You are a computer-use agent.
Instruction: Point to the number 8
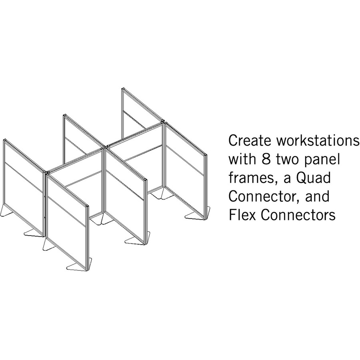click(x=266, y=159)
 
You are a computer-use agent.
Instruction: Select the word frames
click(x=252, y=178)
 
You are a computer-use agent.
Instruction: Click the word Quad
click(x=314, y=178)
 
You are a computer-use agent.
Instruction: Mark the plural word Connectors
click(x=298, y=215)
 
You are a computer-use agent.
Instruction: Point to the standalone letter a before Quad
click(x=287, y=179)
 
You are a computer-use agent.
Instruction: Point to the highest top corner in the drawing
click(x=123, y=88)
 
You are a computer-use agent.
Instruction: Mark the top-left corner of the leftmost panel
click(x=4, y=139)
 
